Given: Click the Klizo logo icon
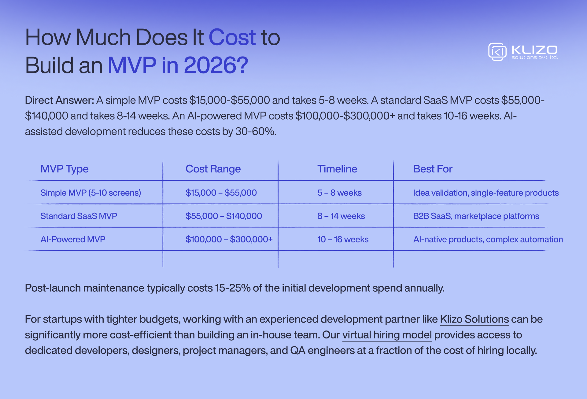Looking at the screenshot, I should click(x=497, y=51).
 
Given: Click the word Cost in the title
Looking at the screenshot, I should click(x=232, y=37).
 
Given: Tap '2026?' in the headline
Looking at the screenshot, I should click(x=216, y=65).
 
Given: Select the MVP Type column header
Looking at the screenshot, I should click(x=65, y=169).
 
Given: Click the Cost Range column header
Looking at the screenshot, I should click(x=213, y=169).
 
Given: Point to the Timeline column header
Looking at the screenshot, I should click(x=337, y=169).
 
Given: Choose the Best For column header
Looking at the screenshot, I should click(x=433, y=169).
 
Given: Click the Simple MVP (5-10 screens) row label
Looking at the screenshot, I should click(x=90, y=193).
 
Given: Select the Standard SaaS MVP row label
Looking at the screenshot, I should click(x=79, y=216).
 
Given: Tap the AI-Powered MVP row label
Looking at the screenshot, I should click(x=73, y=239).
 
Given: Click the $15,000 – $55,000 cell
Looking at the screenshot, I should click(x=221, y=193).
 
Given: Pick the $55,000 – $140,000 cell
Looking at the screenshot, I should click(x=224, y=216).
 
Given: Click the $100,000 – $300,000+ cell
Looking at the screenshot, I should click(x=229, y=239).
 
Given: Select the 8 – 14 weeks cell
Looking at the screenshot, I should click(x=341, y=216).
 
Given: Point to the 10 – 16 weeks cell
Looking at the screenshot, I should click(x=343, y=239).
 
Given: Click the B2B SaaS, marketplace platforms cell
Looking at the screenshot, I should click(x=476, y=216).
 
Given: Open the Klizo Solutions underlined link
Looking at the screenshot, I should click(x=474, y=319).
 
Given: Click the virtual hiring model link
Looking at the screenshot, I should click(x=387, y=335).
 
